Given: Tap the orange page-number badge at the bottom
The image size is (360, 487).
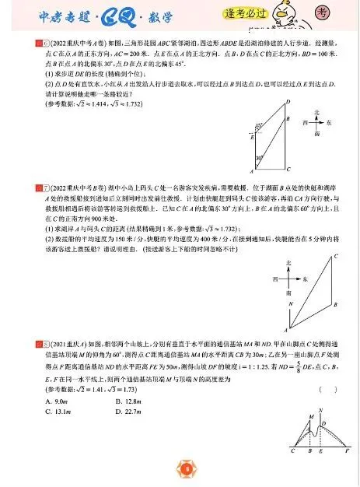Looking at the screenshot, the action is point(185,468).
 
